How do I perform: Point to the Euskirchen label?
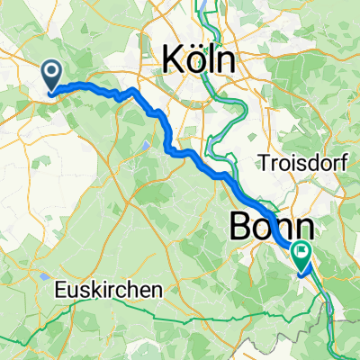click(109, 291)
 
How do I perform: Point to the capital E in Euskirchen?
click(60, 291)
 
